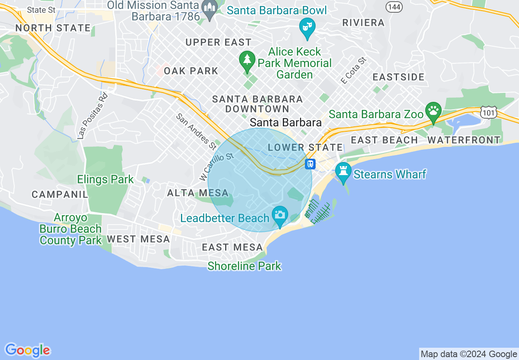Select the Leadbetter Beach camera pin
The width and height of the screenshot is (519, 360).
tap(280, 215)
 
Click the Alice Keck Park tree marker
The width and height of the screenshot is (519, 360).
tap(247, 61)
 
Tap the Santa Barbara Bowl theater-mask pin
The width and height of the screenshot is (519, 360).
tap(307, 27)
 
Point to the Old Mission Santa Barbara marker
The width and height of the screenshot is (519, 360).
tap(210, 9)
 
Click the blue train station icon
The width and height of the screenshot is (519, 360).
tap(310, 164)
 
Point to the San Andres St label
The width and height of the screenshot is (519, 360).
tap(196, 131)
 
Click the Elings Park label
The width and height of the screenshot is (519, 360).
tap(105, 179)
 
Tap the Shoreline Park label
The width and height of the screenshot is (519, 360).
tap(244, 266)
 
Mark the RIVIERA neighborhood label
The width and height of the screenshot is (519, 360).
tap(363, 22)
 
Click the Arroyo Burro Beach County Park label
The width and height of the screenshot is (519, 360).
tap(71, 229)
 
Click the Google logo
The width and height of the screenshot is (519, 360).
tap(27, 350)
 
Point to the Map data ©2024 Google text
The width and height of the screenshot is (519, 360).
tap(469, 354)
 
